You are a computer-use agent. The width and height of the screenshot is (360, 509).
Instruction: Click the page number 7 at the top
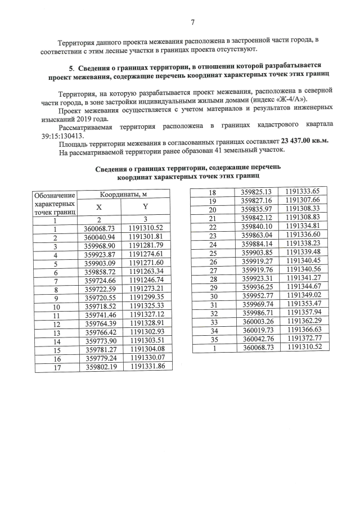(192, 22)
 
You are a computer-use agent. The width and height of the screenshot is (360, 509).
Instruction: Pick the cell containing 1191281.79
(146, 247)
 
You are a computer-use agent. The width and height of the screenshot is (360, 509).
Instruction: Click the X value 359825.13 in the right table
(256, 192)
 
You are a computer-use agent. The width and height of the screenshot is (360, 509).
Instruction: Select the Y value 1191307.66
(302, 201)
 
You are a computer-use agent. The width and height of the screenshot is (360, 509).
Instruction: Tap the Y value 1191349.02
(302, 295)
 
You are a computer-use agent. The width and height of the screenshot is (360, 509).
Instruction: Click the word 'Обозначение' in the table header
(54, 195)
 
